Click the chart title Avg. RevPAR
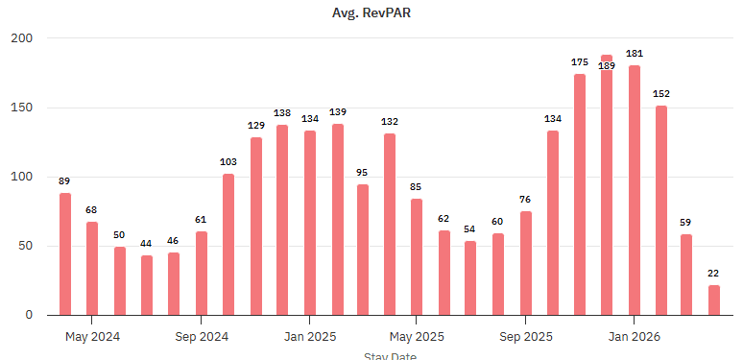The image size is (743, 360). tap(371, 12)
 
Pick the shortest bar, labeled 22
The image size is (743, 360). tap(714, 300)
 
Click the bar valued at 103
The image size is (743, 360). tap(228, 244)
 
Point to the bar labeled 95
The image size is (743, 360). tap(363, 249)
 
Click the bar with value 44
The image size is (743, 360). tap(147, 284)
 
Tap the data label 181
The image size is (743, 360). tap(635, 54)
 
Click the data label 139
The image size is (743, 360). tap(337, 113)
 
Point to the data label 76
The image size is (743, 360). tap(526, 200)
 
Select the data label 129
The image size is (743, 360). tap(256, 126)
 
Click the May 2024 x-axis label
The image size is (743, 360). tap(92, 337)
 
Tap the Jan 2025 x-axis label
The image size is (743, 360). tap(309, 337)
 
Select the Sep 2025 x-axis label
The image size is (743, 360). tap(526, 337)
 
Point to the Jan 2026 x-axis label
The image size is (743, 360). tap(634, 337)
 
